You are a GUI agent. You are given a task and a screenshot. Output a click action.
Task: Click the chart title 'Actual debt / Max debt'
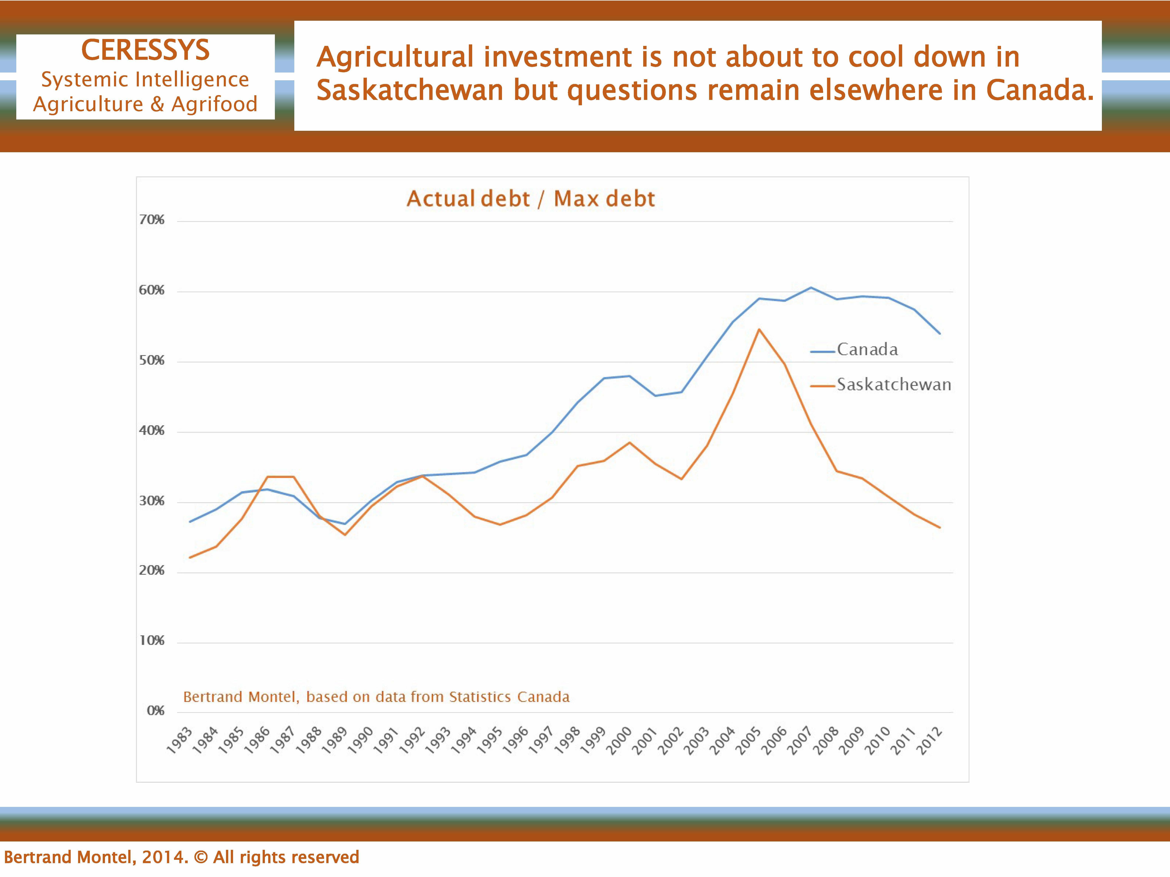pos(530,199)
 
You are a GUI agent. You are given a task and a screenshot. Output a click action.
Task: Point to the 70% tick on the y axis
pos(152,220)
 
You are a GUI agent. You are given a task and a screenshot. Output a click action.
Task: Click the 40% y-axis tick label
pos(152,431)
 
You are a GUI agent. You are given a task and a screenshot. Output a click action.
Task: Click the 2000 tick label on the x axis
pos(619,740)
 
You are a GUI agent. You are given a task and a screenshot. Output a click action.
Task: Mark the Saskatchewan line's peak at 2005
pos(759,329)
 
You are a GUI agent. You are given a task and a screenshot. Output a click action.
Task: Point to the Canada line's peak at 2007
pos(811,288)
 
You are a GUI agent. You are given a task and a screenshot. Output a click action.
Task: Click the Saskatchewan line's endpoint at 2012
pos(940,528)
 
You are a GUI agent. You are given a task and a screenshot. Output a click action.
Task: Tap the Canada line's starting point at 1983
pos(190,522)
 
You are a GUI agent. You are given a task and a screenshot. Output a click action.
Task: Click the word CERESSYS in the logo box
pos(145,50)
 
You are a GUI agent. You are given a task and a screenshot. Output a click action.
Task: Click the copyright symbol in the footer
pos(201,857)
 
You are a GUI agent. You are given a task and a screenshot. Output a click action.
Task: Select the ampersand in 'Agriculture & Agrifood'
pos(157,104)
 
